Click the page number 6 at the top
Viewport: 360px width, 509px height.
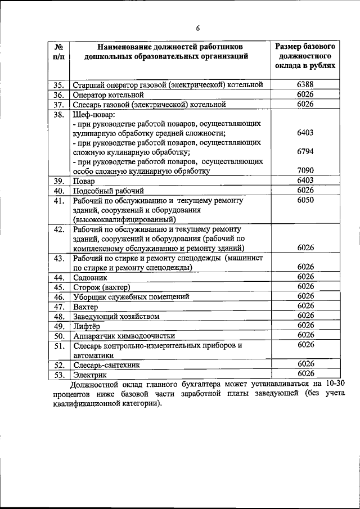coord(198,29)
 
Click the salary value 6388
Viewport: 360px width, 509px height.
coord(305,84)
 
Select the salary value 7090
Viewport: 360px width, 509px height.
coord(305,170)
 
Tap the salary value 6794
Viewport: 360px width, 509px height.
coord(305,152)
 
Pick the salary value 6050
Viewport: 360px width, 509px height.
coord(305,200)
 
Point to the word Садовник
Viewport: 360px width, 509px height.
coord(89,277)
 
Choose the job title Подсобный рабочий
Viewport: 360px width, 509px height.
coord(109,191)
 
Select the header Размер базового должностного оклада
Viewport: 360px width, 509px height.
coord(305,55)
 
